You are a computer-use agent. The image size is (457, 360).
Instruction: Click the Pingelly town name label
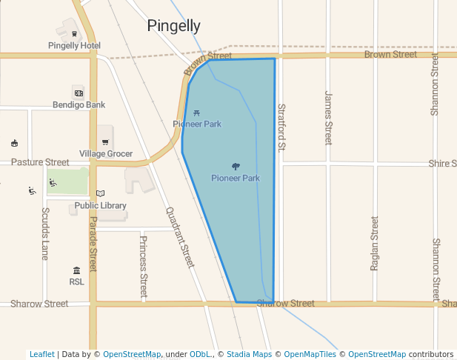pyautogui.click(x=173, y=26)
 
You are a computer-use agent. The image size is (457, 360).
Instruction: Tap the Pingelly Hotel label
pyautogui.click(x=74, y=45)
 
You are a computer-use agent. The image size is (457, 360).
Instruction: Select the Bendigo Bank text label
pyautogui.click(x=79, y=105)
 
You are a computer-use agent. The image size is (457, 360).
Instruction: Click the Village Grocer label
pyautogui.click(x=106, y=154)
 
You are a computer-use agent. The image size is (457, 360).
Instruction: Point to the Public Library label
pyautogui.click(x=100, y=206)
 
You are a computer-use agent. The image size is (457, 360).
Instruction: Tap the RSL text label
pyautogui.click(x=76, y=282)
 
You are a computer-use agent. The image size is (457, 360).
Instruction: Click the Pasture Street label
pyautogui.click(x=40, y=162)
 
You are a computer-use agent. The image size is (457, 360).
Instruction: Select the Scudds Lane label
pyautogui.click(x=45, y=233)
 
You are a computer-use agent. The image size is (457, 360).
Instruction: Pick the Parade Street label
pyautogui.click(x=93, y=244)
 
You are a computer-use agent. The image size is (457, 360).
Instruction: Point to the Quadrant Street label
pyautogui.click(x=180, y=237)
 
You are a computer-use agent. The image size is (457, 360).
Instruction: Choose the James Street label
pyautogui.click(x=328, y=117)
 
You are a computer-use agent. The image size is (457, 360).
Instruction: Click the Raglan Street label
pyautogui.click(x=375, y=243)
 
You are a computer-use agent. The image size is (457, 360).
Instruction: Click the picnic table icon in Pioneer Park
pyautogui.click(x=196, y=113)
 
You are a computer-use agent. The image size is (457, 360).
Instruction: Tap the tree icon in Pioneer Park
pyautogui.click(x=236, y=167)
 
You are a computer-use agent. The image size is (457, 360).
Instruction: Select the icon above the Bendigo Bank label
pyautogui.click(x=78, y=92)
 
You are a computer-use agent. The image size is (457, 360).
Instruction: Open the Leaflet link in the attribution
pyautogui.click(x=42, y=355)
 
